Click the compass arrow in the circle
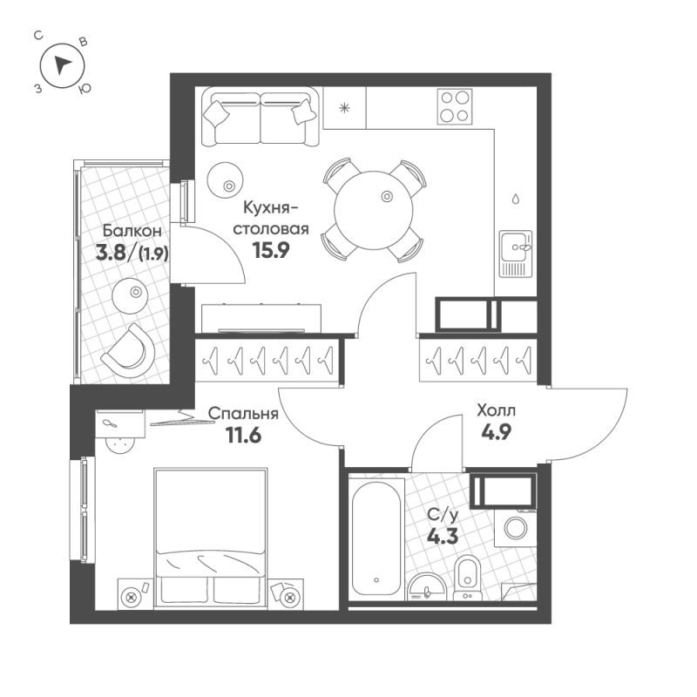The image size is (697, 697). coord(62,66)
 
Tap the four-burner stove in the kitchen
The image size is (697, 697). coord(454,106)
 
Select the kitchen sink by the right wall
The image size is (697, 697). coord(515,254)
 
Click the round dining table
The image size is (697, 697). coord(374,211)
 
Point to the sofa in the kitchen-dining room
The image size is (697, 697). coord(260,117)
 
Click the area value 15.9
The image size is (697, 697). coord(271,250)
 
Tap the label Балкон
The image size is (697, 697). coord(132,231)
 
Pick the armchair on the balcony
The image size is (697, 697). coord(128,351)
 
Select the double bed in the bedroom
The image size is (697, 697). coord(210,538)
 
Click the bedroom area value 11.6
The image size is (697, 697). coord(244,435)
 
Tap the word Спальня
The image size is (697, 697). coord(243,414)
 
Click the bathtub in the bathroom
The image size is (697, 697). coord(376,538)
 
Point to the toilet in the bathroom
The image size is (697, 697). coord(467,578)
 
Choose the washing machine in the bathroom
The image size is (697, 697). coord(516,528)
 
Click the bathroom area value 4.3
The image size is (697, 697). coord(443,537)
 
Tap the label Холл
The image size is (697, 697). coord(496,410)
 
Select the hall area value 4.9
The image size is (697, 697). coord(497,431)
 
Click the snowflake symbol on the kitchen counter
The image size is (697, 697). coord(344,107)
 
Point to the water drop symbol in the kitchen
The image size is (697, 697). coord(515,199)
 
